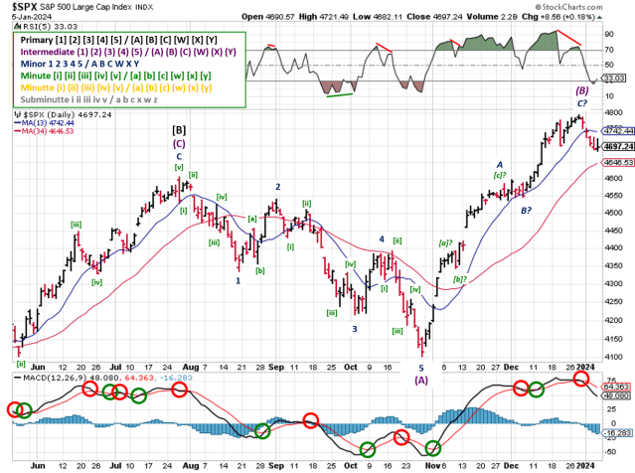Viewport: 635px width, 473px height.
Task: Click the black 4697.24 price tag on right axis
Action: (x=618, y=146)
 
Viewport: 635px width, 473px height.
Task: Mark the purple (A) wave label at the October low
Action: (x=421, y=379)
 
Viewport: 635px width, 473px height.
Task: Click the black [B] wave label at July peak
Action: (x=180, y=129)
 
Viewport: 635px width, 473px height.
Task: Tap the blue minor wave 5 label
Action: (x=420, y=367)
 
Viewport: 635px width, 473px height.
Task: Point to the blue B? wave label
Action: (x=526, y=210)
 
